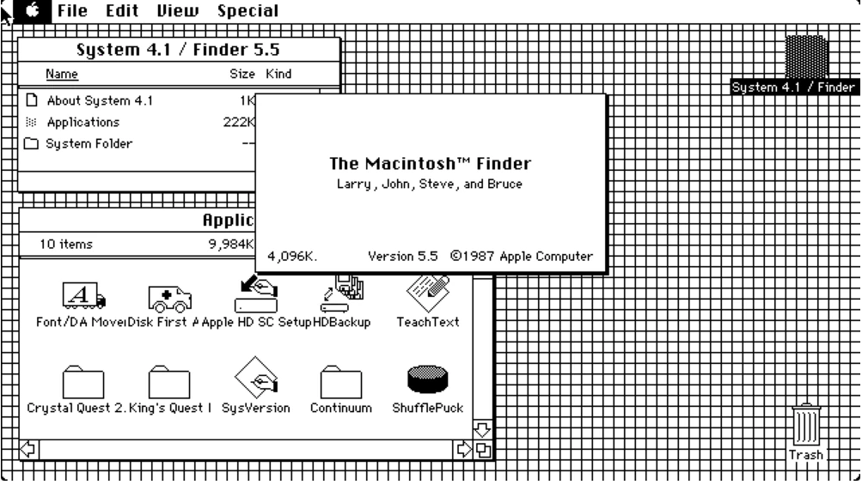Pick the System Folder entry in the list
click(89, 143)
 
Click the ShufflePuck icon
click(427, 379)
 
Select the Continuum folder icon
click(340, 381)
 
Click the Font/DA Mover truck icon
click(84, 296)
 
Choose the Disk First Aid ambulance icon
click(169, 297)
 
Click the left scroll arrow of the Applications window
click(27, 448)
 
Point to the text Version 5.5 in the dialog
click(403, 255)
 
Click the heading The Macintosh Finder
click(430, 163)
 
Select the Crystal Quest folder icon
click(83, 381)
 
